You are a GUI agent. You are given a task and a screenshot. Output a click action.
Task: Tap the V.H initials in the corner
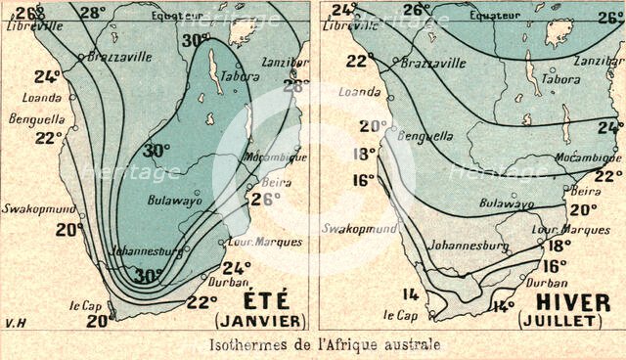(12, 320)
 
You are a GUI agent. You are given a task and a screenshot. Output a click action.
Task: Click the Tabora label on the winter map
(560, 79)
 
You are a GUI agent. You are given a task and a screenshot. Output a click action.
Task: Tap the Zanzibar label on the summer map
(284, 62)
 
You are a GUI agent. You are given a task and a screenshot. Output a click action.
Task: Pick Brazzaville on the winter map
(429, 63)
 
